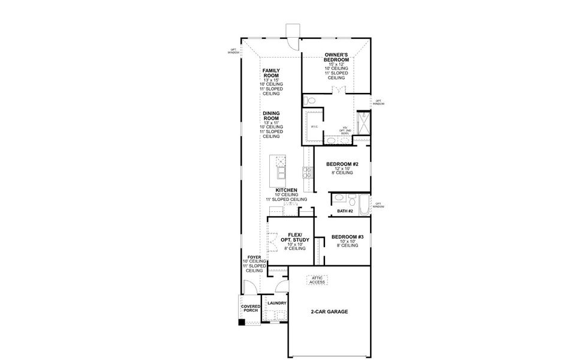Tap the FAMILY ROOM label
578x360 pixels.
(272, 73)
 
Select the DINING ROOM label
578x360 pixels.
(272, 115)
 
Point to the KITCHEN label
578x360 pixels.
(286, 190)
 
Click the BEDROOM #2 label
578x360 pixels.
(342, 164)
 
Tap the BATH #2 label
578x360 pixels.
(345, 211)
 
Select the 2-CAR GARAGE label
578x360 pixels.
(329, 312)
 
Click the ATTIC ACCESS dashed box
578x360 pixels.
(318, 280)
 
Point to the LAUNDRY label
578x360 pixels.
(277, 303)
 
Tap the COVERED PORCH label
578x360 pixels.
(251, 309)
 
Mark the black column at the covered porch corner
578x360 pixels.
(242, 322)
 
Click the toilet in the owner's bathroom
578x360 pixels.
(308, 100)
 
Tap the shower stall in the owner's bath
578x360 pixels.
(363, 124)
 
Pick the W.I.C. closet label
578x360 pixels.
(314, 127)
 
